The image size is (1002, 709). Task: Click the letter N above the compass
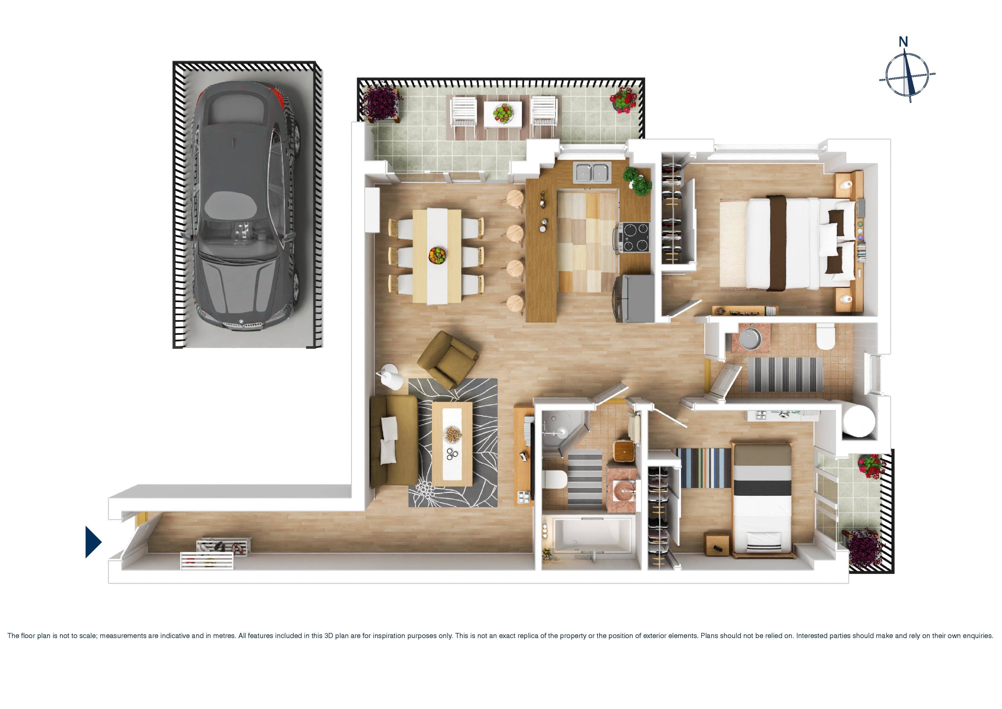point(903,42)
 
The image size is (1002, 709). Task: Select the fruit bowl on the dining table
point(437,255)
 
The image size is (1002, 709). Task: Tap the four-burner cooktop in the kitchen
point(635,237)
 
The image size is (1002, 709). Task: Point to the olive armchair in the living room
point(447,360)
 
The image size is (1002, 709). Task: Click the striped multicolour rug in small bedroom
point(703,467)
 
